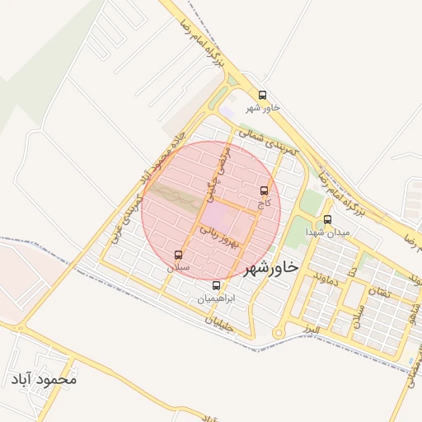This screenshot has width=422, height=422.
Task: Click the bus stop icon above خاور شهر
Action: pos(263,96)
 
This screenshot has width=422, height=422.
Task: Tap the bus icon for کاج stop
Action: pos(264,190)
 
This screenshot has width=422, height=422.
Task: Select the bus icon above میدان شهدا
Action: pos(328,220)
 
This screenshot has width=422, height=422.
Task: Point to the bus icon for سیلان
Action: pos(179,255)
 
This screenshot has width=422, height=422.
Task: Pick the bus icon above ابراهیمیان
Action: pos(217,286)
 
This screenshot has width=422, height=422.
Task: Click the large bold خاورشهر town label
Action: pos(269,267)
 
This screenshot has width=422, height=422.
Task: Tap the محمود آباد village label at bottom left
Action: pos(45,380)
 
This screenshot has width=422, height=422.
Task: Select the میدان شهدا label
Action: pos(328,232)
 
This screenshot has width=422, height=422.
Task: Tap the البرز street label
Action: pos(310,329)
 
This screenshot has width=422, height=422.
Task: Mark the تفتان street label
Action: pos(379,293)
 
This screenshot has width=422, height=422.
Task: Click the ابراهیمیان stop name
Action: pos(217,298)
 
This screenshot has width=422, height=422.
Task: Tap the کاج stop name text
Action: pos(264,202)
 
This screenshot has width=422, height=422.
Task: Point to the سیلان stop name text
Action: pos(179,267)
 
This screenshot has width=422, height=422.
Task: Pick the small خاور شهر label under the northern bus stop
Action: pos(263,108)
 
